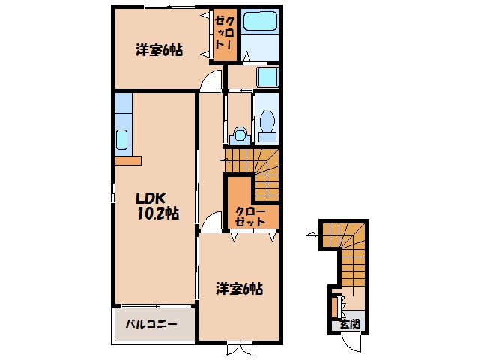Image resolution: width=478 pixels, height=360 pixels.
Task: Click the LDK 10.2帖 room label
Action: click(156, 205)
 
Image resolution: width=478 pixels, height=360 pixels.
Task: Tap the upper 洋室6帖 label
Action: click(159, 51)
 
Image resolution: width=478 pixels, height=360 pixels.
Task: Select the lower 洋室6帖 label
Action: click(240, 288)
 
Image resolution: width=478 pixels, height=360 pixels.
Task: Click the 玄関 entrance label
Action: click(349, 325)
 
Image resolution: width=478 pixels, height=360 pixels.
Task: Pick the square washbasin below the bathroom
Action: click(267, 76)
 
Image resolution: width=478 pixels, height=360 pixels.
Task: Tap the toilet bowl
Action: click(266, 123)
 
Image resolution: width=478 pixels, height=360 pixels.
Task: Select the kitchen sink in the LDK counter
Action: click(123, 139)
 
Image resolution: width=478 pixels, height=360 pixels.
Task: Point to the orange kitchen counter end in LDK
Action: click(128, 160)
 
